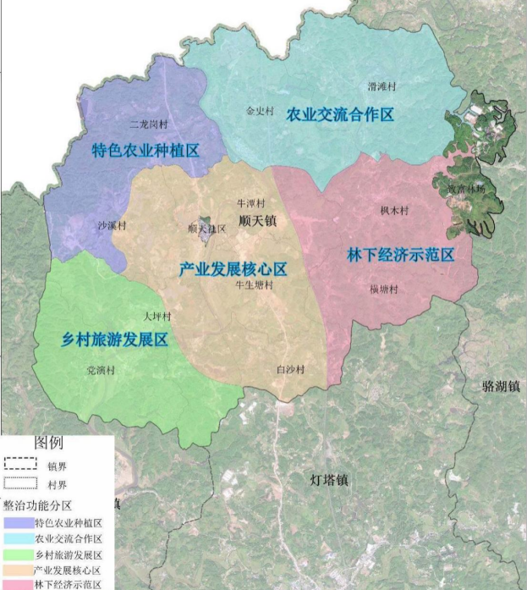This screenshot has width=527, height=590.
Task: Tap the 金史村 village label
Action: (x=261, y=110)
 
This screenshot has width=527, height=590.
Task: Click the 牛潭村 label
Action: (x=250, y=203)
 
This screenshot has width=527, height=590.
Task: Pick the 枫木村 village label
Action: (x=394, y=210)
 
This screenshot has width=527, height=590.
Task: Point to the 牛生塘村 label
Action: (x=254, y=285)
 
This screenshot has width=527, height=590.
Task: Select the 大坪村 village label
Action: (x=157, y=317)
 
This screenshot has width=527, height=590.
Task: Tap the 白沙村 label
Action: (x=289, y=369)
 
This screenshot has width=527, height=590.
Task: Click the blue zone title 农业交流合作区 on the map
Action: (x=340, y=114)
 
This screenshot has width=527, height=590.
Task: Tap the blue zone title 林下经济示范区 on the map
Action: (x=401, y=255)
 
